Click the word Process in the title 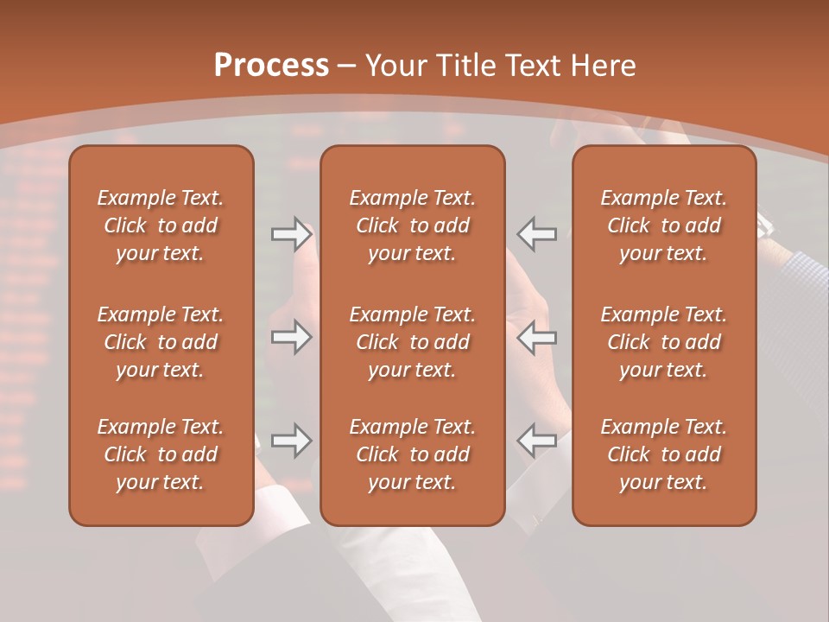pyautogui.click(x=271, y=66)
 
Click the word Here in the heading pyautogui.click(x=602, y=66)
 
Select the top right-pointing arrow pyautogui.click(x=291, y=234)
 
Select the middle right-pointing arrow pyautogui.click(x=291, y=337)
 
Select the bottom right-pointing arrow pyautogui.click(x=291, y=441)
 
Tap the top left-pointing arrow pyautogui.click(x=537, y=234)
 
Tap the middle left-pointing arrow pyautogui.click(x=537, y=337)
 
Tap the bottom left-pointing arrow pyautogui.click(x=537, y=441)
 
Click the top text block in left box pyautogui.click(x=161, y=225)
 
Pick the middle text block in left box pyautogui.click(x=161, y=342)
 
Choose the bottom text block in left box pyautogui.click(x=161, y=454)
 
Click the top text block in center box pyautogui.click(x=412, y=225)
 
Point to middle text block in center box pyautogui.click(x=412, y=342)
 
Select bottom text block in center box pyautogui.click(x=412, y=454)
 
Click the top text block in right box pyautogui.click(x=663, y=225)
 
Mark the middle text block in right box pyautogui.click(x=663, y=342)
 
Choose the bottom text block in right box pyautogui.click(x=663, y=454)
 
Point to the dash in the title pyautogui.click(x=347, y=67)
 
